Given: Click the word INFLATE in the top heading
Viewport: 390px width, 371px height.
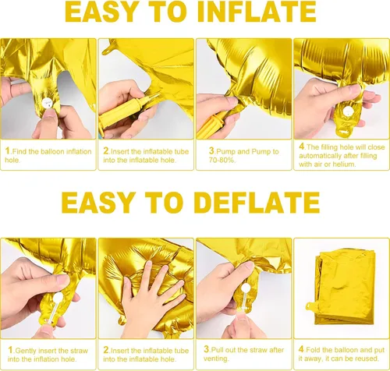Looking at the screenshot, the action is coord(257,12).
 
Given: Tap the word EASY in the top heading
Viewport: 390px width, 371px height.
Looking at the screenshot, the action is coord(102,12).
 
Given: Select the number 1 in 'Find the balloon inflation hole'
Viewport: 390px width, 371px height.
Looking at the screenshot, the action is coord(8,150).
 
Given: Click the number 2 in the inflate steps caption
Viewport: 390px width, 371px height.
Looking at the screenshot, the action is coord(106,150).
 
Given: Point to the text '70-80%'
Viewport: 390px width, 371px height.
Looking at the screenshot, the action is coord(222,160).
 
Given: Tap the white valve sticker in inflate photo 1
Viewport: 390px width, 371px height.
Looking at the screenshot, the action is coord(47,104).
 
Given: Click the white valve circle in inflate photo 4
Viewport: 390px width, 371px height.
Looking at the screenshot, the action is coord(347,112).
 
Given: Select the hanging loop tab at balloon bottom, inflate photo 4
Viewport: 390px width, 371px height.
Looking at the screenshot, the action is coord(344,132).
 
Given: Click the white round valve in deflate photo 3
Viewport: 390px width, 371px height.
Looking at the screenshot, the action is coord(245,288).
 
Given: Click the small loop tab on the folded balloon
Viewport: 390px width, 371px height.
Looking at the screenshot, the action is coord(310,307).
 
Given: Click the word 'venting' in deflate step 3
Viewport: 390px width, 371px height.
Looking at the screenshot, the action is coord(216,359).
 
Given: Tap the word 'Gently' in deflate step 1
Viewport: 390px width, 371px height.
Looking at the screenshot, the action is coord(26,351).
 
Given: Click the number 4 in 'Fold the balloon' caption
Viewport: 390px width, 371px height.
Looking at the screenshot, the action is coord(301,349).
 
